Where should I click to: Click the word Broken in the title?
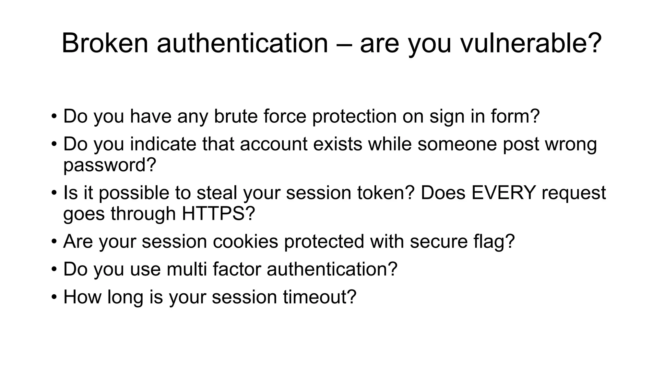(x=105, y=43)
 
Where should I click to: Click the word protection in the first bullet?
(x=354, y=117)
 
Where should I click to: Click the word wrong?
(x=571, y=144)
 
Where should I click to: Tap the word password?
(x=110, y=165)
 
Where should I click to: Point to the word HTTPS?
(x=218, y=214)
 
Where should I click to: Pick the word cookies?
(x=245, y=241)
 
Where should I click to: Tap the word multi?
(x=187, y=269)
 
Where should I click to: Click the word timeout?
(x=319, y=297)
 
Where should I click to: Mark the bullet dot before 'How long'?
(x=54, y=297)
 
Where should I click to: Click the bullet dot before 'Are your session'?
(x=54, y=242)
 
